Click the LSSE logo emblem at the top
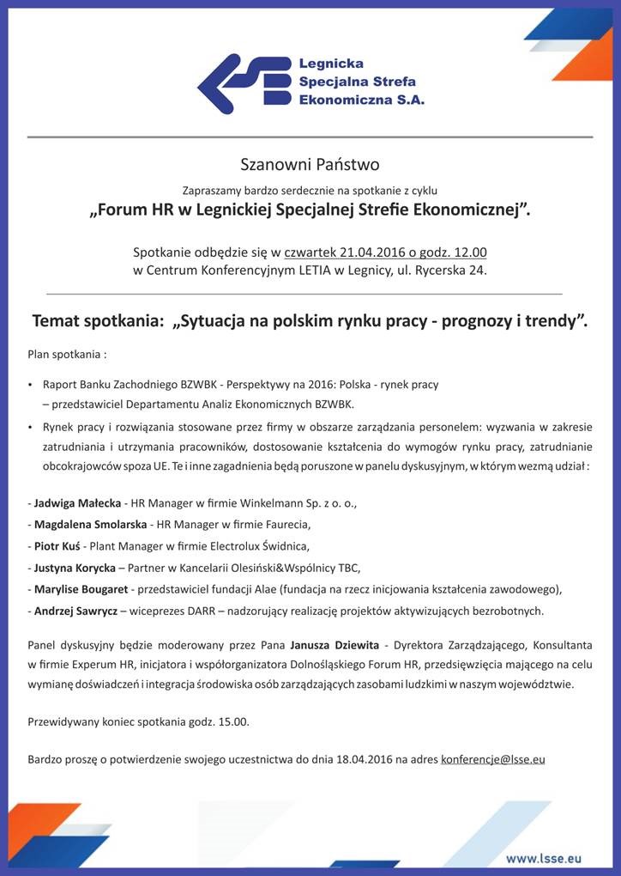coord(244,83)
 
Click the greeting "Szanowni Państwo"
coord(310,164)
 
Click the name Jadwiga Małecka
coord(77,502)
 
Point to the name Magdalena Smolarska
coord(91,524)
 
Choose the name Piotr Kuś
coord(57,545)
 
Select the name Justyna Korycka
coord(74,568)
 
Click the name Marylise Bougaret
coord(81,589)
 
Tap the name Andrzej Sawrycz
coord(75,611)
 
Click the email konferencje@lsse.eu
coord(493,759)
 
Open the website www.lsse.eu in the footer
coord(544,858)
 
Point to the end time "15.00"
coord(233,722)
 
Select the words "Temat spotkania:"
coord(98,322)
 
